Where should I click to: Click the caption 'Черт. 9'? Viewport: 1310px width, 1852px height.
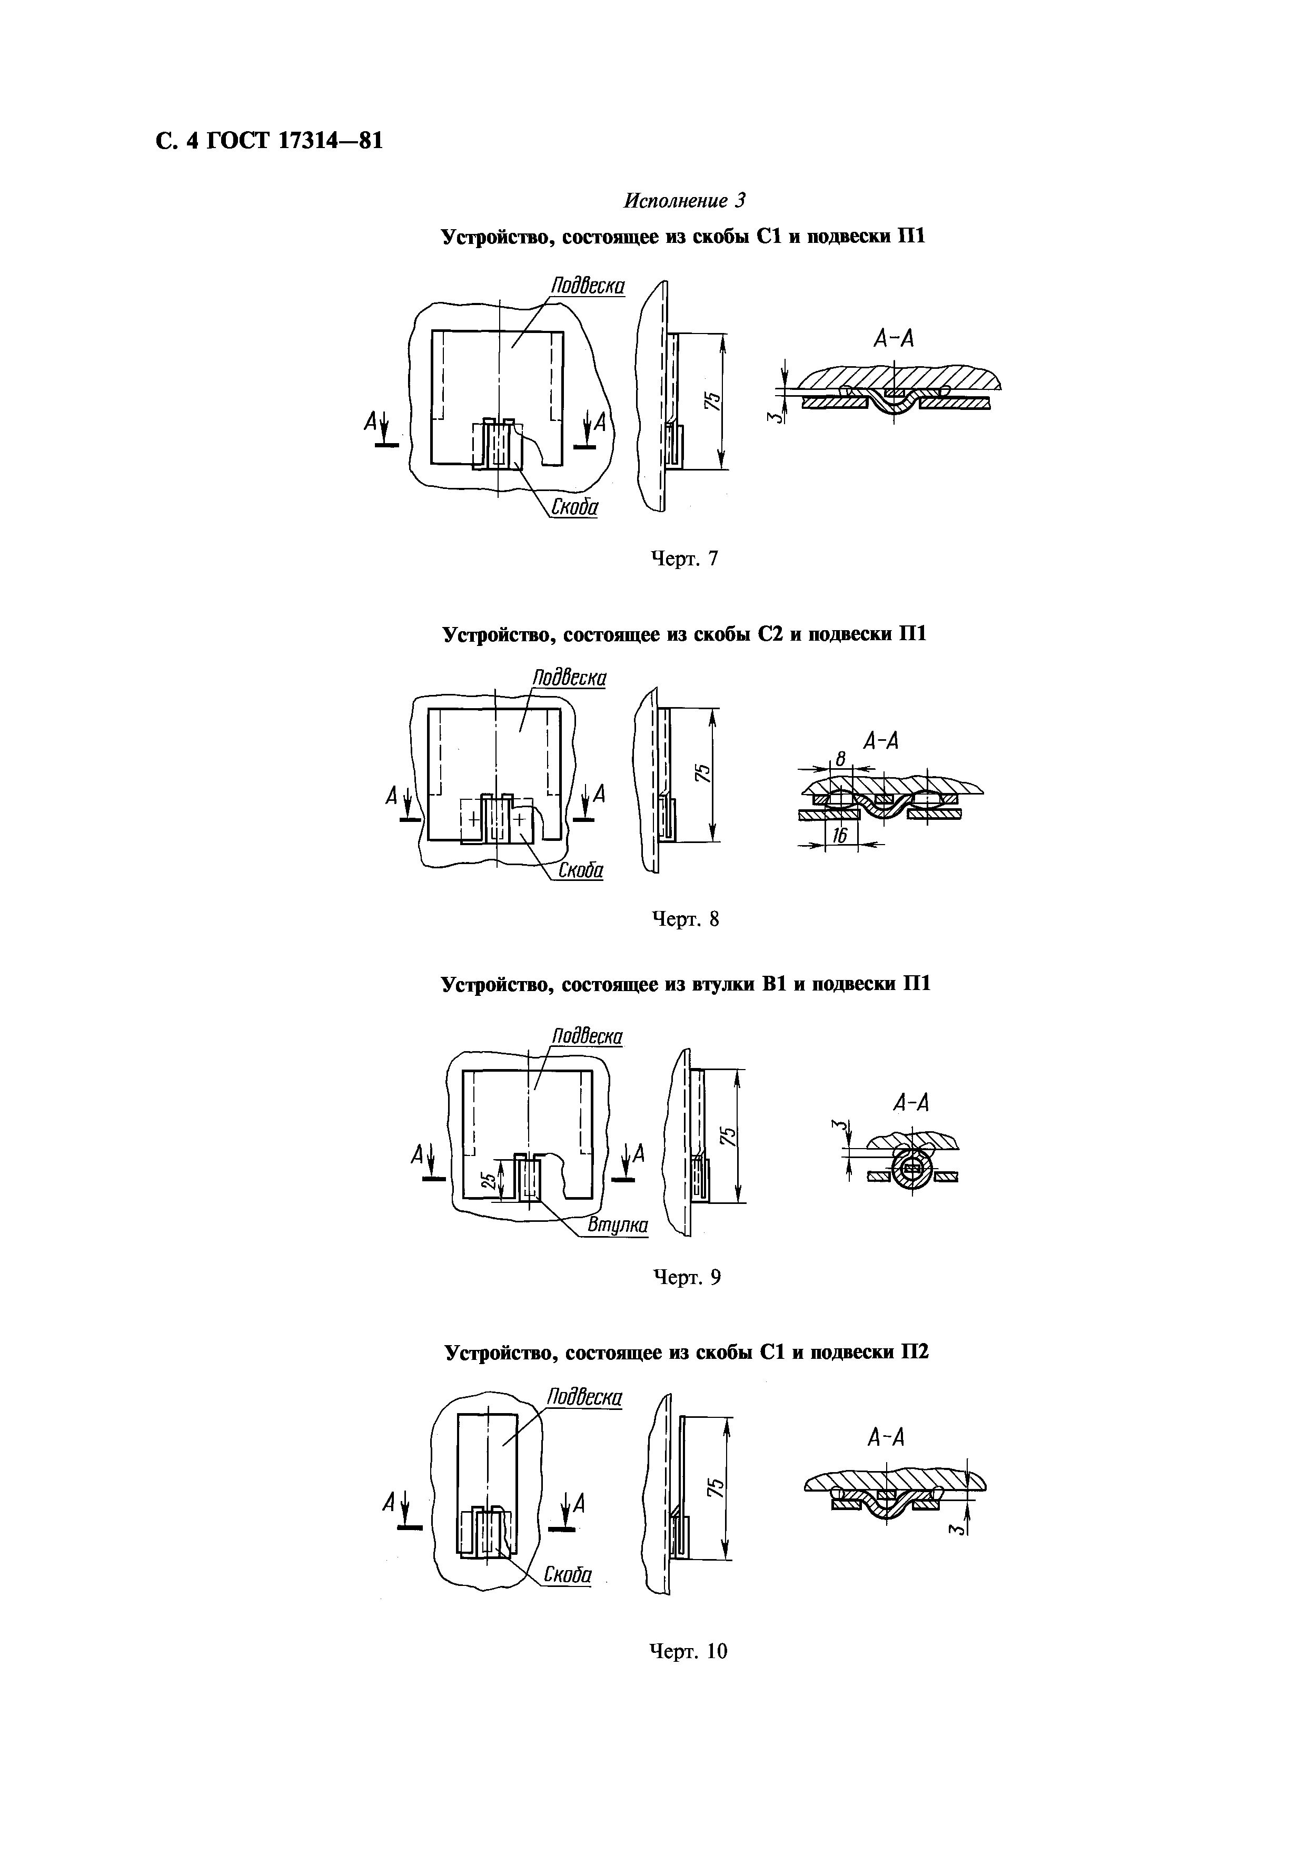click(x=685, y=1278)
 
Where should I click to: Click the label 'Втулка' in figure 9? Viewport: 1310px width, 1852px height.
click(x=617, y=1225)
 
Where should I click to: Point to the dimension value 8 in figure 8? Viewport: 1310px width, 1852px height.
click(x=840, y=759)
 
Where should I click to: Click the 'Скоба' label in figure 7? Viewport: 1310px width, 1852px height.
click(x=574, y=507)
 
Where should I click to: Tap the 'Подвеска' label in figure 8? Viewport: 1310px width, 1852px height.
click(x=569, y=678)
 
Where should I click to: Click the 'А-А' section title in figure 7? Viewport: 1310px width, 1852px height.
click(x=894, y=339)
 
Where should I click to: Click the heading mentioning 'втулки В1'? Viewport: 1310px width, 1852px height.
click(x=685, y=985)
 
